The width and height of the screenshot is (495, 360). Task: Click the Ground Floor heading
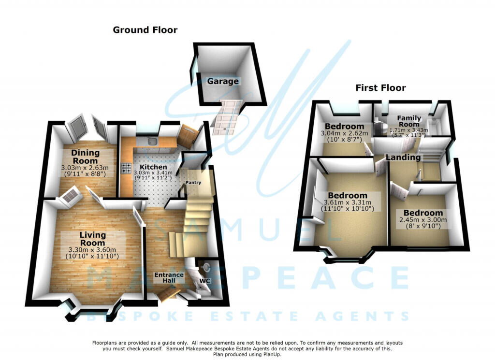tap(145, 30)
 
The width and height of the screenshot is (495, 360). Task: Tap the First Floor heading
tap(380, 88)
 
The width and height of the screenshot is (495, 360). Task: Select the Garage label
tap(222, 81)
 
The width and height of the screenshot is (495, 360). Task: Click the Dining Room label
tap(85, 157)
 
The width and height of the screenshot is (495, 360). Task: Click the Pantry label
tap(193, 182)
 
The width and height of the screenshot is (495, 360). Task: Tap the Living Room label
tap(92, 239)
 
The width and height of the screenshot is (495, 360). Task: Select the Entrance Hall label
tap(169, 278)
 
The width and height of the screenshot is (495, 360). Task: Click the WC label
tap(204, 281)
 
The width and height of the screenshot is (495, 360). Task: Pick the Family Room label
tap(409, 121)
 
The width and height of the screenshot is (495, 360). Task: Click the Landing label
tap(403, 157)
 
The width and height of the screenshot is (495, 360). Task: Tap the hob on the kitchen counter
tap(126, 168)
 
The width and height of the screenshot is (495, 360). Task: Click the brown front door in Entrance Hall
tap(168, 295)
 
